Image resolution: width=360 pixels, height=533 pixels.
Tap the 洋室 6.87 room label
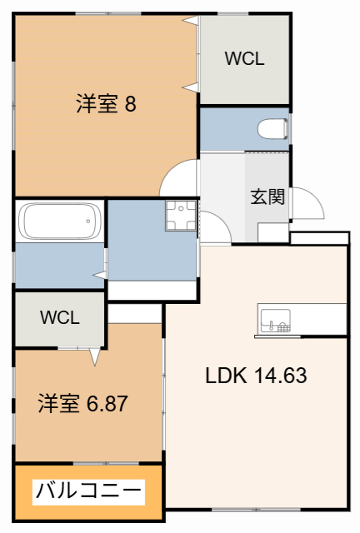click(82, 404)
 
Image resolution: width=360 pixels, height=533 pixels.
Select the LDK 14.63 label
click(257, 376)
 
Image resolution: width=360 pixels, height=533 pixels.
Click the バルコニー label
click(87, 491)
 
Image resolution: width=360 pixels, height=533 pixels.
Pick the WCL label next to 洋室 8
click(244, 58)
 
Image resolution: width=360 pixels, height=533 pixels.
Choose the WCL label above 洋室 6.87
click(59, 317)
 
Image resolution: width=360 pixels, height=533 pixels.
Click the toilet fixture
click(272, 130)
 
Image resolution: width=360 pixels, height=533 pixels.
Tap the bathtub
click(59, 222)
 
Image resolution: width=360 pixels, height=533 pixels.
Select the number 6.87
click(106, 404)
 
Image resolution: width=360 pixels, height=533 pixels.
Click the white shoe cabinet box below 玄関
click(272, 232)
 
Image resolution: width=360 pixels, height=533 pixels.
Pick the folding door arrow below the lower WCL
click(93, 356)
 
